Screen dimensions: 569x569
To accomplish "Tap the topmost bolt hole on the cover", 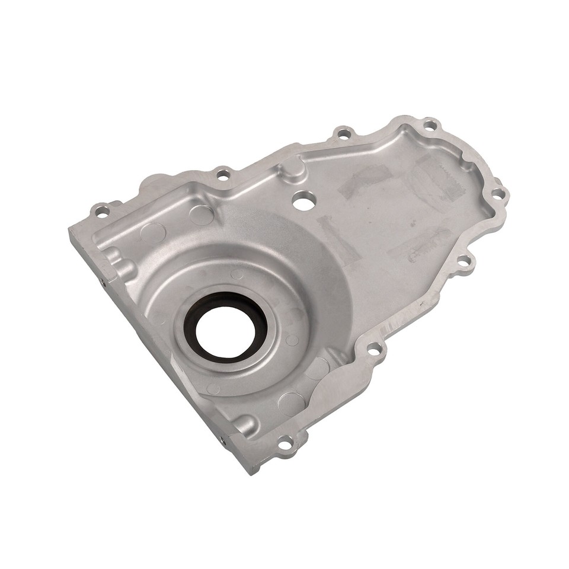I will coord(430,125).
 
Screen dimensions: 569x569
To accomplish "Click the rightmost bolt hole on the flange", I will coord(498,193).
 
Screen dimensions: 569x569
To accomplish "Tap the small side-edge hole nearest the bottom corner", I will coord(223,440).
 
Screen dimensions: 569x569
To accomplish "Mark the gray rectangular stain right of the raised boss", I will coord(365,179).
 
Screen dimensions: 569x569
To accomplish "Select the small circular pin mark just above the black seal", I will coord(237,274).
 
